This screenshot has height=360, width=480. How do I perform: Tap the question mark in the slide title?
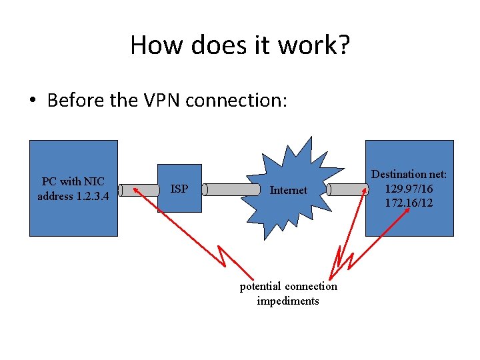point(342,45)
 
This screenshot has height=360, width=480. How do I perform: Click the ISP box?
point(179,189)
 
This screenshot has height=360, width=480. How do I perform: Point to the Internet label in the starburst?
point(288,190)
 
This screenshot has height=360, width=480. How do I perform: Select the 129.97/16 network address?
point(409,189)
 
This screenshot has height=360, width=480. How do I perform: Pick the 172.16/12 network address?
point(409,202)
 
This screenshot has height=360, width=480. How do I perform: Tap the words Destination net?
point(409,175)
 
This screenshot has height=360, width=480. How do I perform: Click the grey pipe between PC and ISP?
point(137,189)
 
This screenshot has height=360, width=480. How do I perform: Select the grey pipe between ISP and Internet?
point(231,189)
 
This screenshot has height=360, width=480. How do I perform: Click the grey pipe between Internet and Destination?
point(347,189)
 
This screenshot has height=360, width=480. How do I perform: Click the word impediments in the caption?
point(288,301)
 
